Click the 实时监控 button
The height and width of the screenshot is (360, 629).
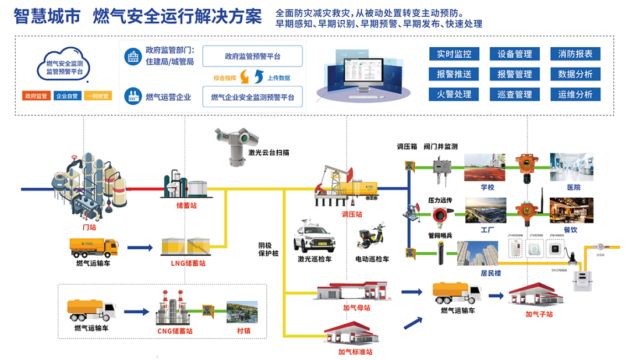[x=454, y=54]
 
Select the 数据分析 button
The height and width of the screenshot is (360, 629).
[x=575, y=74]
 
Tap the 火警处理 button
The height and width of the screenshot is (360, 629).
[x=454, y=94]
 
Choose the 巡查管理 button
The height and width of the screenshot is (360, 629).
[x=514, y=94]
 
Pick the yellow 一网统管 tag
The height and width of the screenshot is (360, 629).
[x=97, y=96]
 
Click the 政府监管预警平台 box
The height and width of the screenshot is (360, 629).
[x=252, y=57]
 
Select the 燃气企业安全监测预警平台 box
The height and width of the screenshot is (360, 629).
[x=252, y=97]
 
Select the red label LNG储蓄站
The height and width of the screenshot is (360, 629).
[x=188, y=263]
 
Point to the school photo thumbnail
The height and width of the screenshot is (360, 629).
[x=485, y=167]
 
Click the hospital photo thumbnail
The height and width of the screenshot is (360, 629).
[x=571, y=167]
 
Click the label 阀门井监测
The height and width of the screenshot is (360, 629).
[x=440, y=146]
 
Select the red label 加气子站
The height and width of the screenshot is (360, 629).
[x=538, y=315]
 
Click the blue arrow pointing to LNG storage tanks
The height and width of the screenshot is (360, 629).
[x=140, y=248]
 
